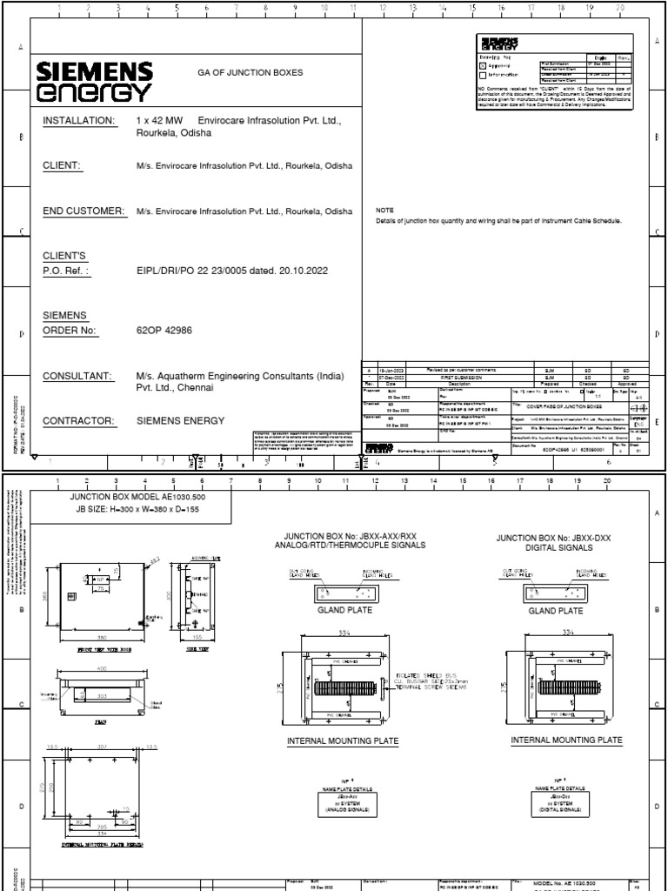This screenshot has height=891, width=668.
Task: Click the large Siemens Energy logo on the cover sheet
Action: click(x=95, y=82)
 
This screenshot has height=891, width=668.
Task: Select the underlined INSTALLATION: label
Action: click(x=78, y=119)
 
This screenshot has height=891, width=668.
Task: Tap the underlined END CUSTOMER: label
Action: click(x=84, y=211)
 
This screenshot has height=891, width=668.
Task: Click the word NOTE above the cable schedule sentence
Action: click(x=384, y=211)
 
